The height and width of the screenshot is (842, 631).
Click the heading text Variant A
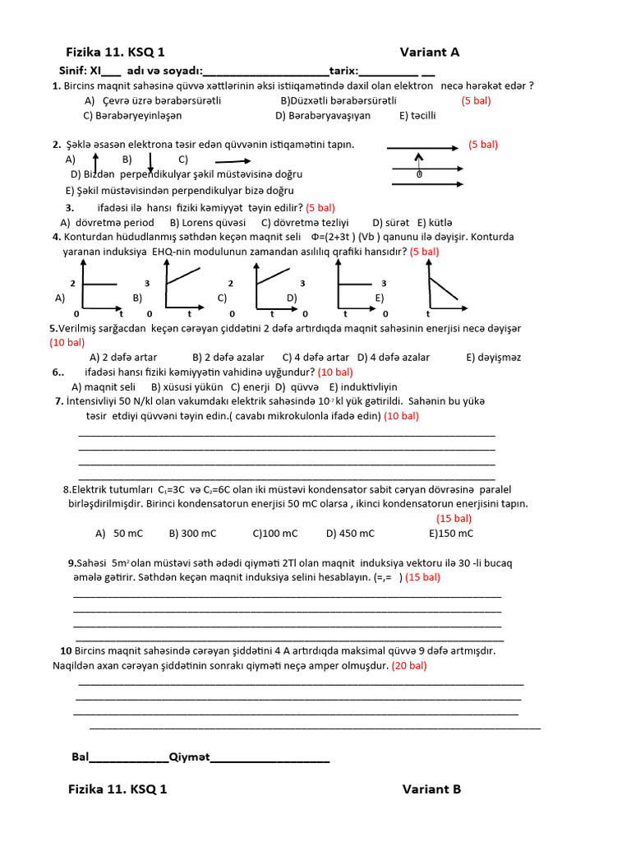click(x=429, y=52)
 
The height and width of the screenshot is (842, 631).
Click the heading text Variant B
click(x=431, y=789)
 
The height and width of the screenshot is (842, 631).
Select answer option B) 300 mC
click(x=192, y=534)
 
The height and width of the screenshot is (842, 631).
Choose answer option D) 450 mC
click(x=350, y=534)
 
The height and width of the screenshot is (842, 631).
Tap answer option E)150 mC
click(x=451, y=534)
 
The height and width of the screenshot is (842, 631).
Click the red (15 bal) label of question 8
click(x=454, y=518)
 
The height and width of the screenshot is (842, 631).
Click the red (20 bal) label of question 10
click(x=409, y=665)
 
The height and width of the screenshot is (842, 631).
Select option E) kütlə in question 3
click(x=435, y=222)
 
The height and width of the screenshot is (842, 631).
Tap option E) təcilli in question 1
click(x=417, y=115)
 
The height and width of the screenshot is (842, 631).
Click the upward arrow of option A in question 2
click(x=95, y=160)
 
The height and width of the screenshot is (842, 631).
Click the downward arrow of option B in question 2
click(x=150, y=161)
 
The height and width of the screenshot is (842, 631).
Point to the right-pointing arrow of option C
click(x=233, y=161)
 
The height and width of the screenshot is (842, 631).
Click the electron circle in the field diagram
click(x=419, y=174)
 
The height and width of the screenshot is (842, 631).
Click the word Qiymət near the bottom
click(x=189, y=757)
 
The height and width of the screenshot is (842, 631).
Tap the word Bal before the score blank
click(x=80, y=757)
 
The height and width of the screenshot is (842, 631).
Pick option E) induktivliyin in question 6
click(x=363, y=386)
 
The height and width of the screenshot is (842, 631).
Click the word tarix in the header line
click(x=343, y=70)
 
